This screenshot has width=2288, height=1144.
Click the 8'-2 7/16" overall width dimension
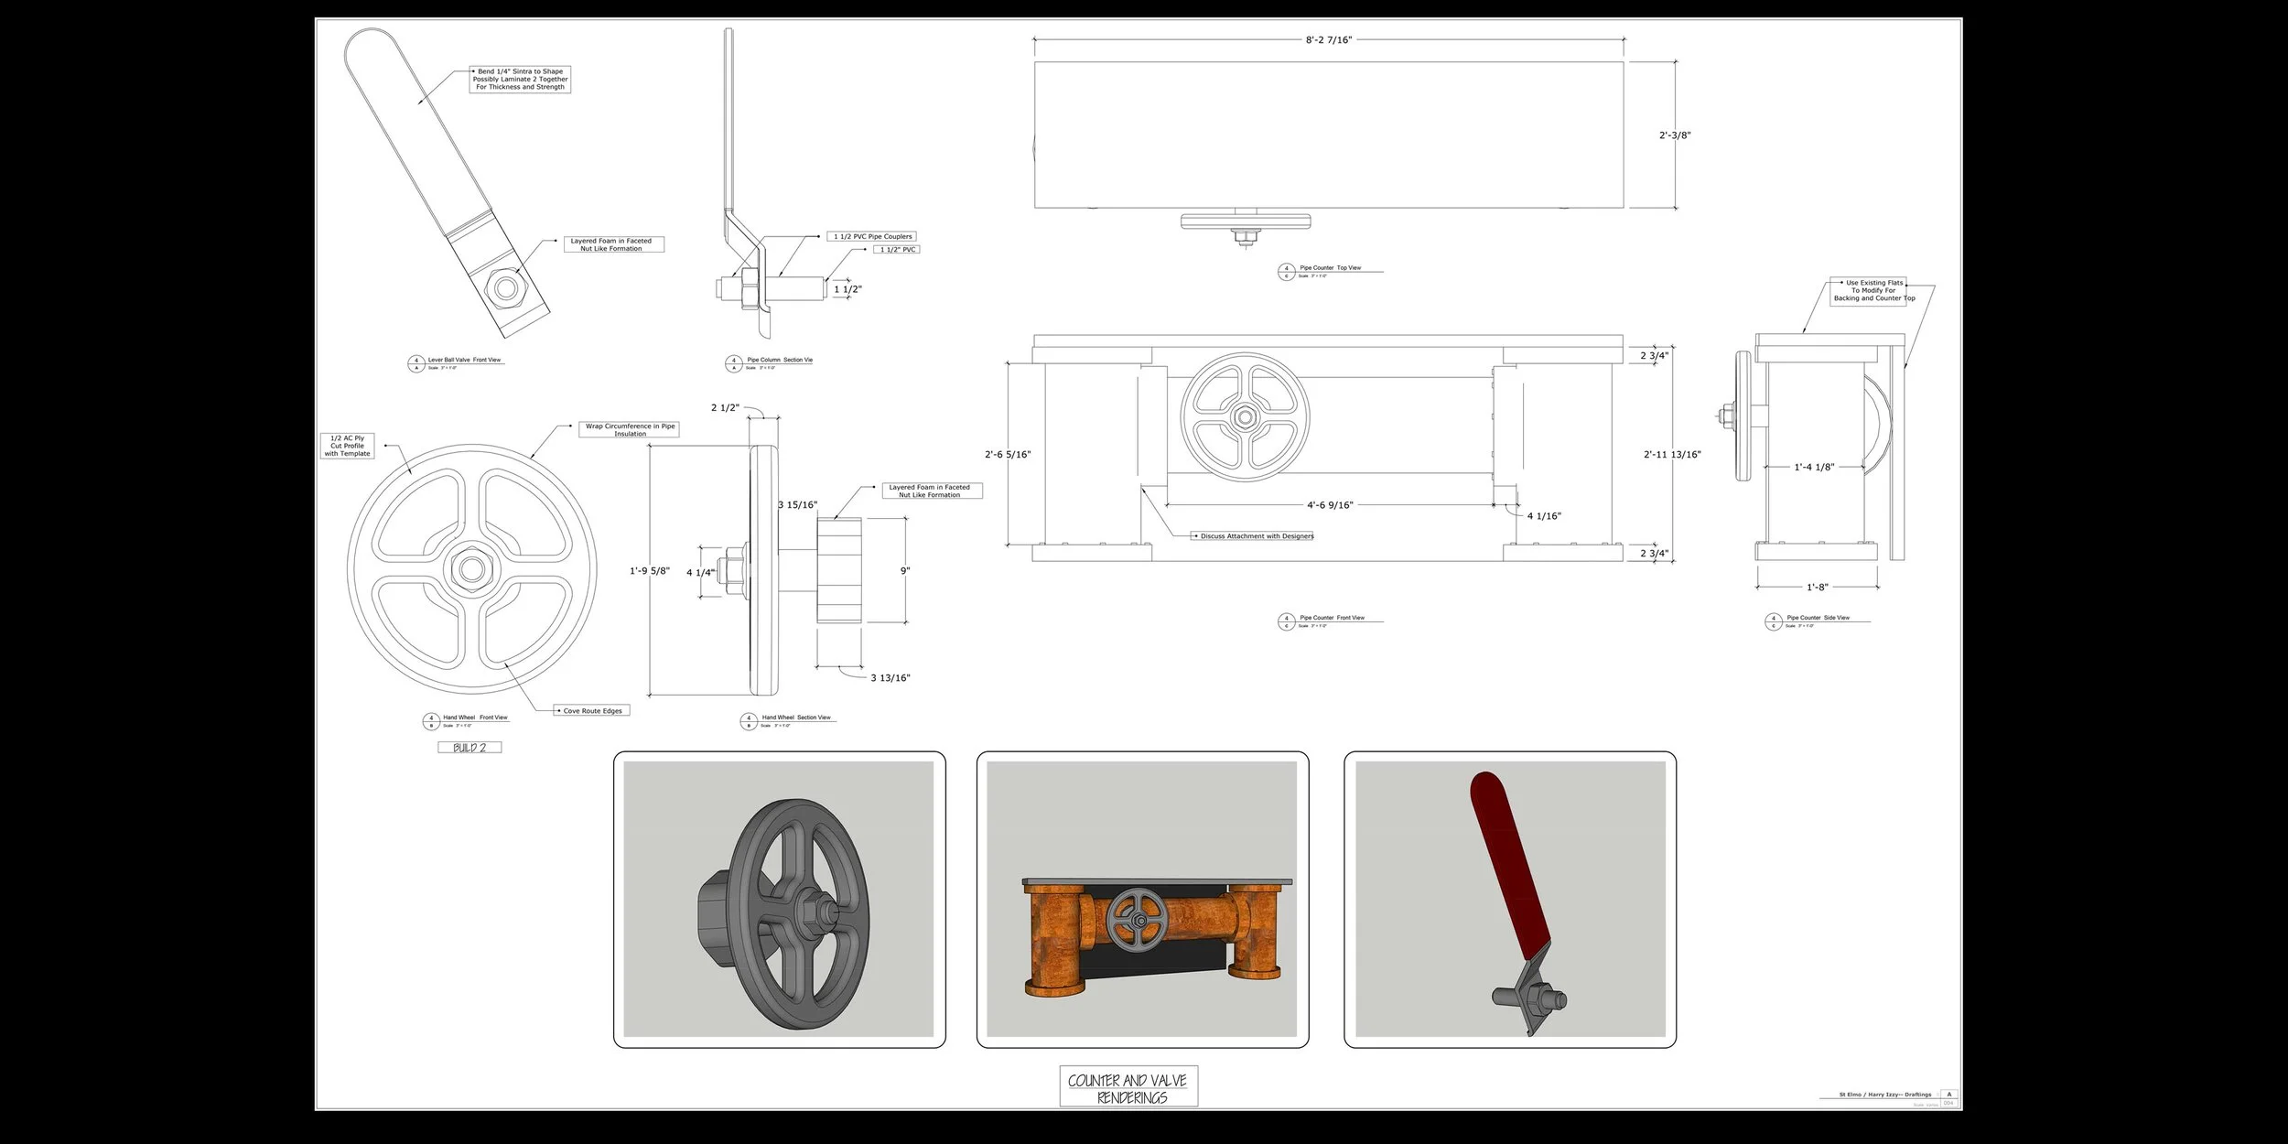click(1328, 40)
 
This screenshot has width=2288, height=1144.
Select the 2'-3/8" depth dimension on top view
click(1675, 135)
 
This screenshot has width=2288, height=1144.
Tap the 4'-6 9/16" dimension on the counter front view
click(1329, 505)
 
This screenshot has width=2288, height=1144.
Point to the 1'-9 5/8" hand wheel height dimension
click(649, 571)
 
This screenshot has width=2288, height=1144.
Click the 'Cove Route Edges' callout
click(592, 711)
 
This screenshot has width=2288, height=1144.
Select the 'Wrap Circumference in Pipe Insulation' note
click(630, 430)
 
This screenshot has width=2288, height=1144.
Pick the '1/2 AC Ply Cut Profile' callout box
click(348, 446)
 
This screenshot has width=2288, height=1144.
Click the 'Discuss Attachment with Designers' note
click(1257, 536)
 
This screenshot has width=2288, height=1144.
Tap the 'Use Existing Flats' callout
click(1873, 291)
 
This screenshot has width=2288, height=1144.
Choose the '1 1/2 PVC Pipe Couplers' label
click(872, 237)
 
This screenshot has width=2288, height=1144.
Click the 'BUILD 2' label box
click(469, 748)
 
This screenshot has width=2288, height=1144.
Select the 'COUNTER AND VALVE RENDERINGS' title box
click(1128, 1088)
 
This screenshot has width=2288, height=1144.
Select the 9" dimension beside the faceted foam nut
click(905, 571)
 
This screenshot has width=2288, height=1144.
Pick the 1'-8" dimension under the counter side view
click(1817, 588)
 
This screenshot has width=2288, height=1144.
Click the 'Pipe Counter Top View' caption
click(1330, 268)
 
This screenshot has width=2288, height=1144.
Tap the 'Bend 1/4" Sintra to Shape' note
click(520, 80)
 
